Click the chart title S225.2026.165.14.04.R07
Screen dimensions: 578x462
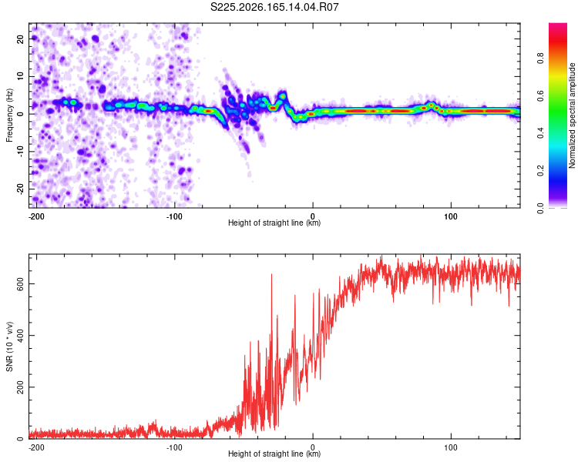pyautogui.click(x=274, y=7)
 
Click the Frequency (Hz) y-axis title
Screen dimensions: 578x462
pyautogui.click(x=9, y=115)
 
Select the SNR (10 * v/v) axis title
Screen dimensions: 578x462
pyautogui.click(x=9, y=346)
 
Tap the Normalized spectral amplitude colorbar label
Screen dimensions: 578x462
pyautogui.click(x=572, y=115)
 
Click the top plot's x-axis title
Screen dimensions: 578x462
pyautogui.click(x=274, y=223)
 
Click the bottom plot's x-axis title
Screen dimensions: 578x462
pyautogui.click(x=274, y=454)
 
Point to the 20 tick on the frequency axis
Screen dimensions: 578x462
pyautogui.click(x=20, y=38)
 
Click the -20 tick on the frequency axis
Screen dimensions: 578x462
pyautogui.click(x=20, y=189)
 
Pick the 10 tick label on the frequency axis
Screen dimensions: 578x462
pyautogui.click(x=20, y=76)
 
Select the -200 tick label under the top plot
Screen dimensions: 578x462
pyautogui.click(x=36, y=216)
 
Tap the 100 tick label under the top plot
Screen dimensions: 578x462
pyautogui.click(x=451, y=216)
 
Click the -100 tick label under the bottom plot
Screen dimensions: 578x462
pyautogui.click(x=174, y=447)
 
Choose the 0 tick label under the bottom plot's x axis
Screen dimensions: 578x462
pyautogui.click(x=313, y=447)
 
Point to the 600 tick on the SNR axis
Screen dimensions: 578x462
pyautogui.click(x=20, y=283)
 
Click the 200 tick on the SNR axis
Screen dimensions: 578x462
pyautogui.click(x=20, y=387)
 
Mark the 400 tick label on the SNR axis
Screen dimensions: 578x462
pyautogui.click(x=20, y=335)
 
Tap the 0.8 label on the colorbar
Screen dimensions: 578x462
pyautogui.click(x=540, y=59)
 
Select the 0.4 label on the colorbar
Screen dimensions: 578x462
pyautogui.click(x=540, y=133)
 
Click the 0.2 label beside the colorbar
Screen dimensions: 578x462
pyautogui.click(x=540, y=171)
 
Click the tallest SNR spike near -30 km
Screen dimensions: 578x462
pyautogui.click(x=272, y=274)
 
